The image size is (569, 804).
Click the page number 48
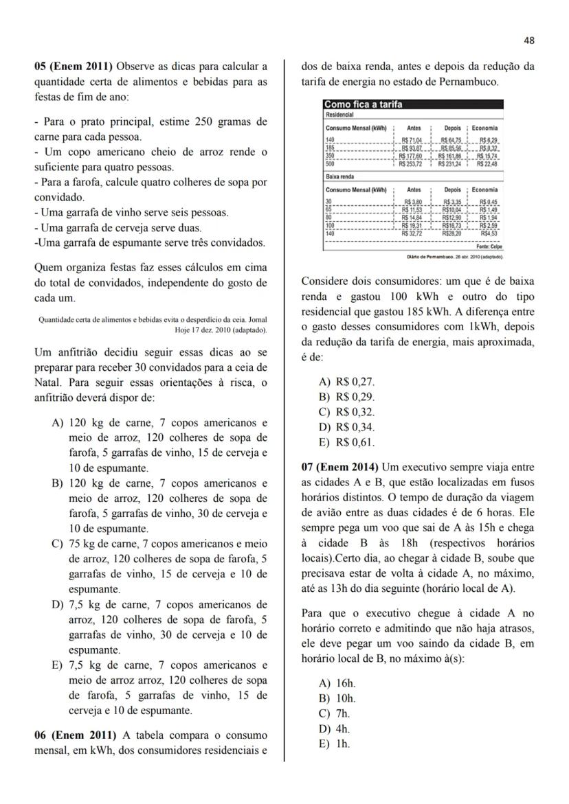[x=528, y=41]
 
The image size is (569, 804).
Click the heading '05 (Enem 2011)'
[x=74, y=67]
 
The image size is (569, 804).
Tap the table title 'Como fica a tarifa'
[x=363, y=105]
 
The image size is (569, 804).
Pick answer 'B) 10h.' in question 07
[x=337, y=699]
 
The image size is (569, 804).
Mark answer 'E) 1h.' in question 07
[x=334, y=744]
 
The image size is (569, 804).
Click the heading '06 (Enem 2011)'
[x=74, y=735]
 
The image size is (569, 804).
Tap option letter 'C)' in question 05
[x=58, y=544]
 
